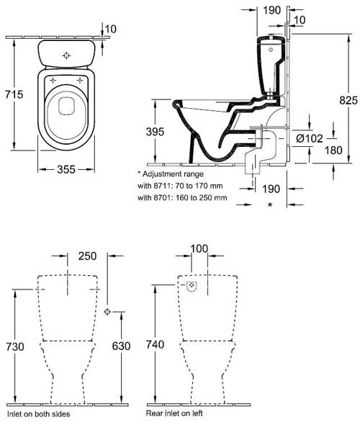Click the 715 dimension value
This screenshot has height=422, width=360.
tap(14, 94)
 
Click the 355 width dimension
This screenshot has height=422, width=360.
tap(66, 169)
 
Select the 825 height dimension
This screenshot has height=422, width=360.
tap(348, 100)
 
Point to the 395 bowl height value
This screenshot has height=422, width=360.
tap(155, 132)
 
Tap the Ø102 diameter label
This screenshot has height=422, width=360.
tap(310, 138)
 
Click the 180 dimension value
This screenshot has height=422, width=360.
tap(333, 151)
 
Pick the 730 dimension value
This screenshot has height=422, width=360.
tap(15, 346)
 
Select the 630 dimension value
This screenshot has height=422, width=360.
tap(122, 346)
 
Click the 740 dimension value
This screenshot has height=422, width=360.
tap(155, 344)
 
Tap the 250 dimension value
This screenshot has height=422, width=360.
tap(87, 256)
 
